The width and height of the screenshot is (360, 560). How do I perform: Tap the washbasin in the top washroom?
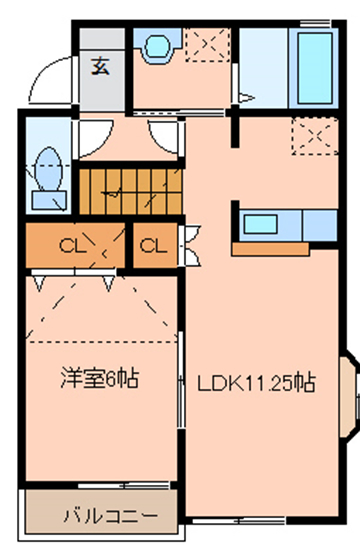coord(157,46)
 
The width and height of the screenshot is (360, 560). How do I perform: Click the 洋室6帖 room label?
coord(98,379)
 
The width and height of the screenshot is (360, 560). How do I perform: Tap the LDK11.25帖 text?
coord(256,382)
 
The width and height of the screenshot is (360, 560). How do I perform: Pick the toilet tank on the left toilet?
coord(46,198)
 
